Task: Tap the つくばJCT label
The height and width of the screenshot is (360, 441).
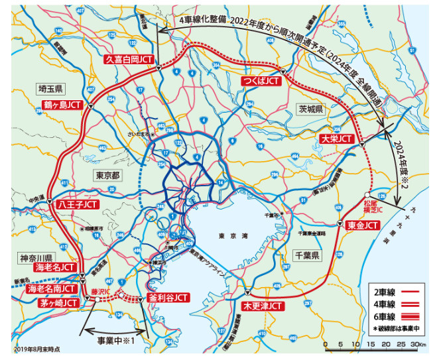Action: tap(260, 81)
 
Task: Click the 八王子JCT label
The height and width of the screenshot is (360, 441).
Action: tap(77, 205)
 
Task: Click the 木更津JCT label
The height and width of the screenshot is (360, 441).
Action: tap(263, 307)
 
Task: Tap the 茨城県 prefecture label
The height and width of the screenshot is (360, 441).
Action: tap(310, 109)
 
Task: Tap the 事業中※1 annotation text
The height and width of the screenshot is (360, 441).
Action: tap(115, 339)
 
